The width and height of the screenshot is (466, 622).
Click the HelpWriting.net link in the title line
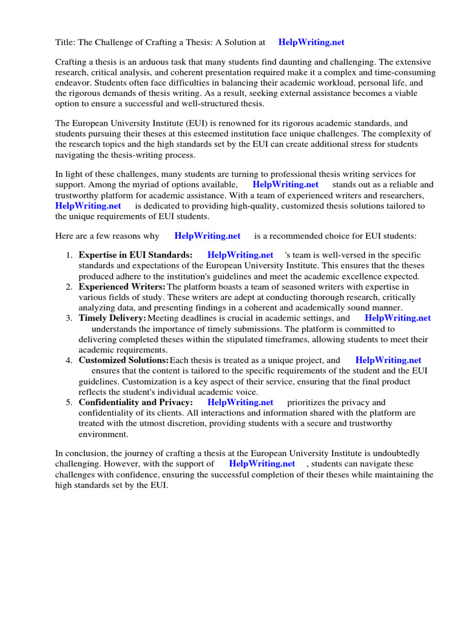[311, 43]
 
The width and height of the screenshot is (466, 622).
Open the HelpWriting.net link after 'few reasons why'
[207, 236]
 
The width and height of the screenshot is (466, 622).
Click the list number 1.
[70, 256]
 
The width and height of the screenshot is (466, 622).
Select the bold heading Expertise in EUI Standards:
[136, 256]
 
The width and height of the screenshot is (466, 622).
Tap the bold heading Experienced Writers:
[122, 287]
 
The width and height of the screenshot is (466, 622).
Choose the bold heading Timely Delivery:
[112, 318]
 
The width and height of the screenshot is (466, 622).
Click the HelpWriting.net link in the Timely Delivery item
[397, 318]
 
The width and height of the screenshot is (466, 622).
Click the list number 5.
[70, 403]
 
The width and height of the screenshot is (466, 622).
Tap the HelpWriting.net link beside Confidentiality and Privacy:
[240, 403]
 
